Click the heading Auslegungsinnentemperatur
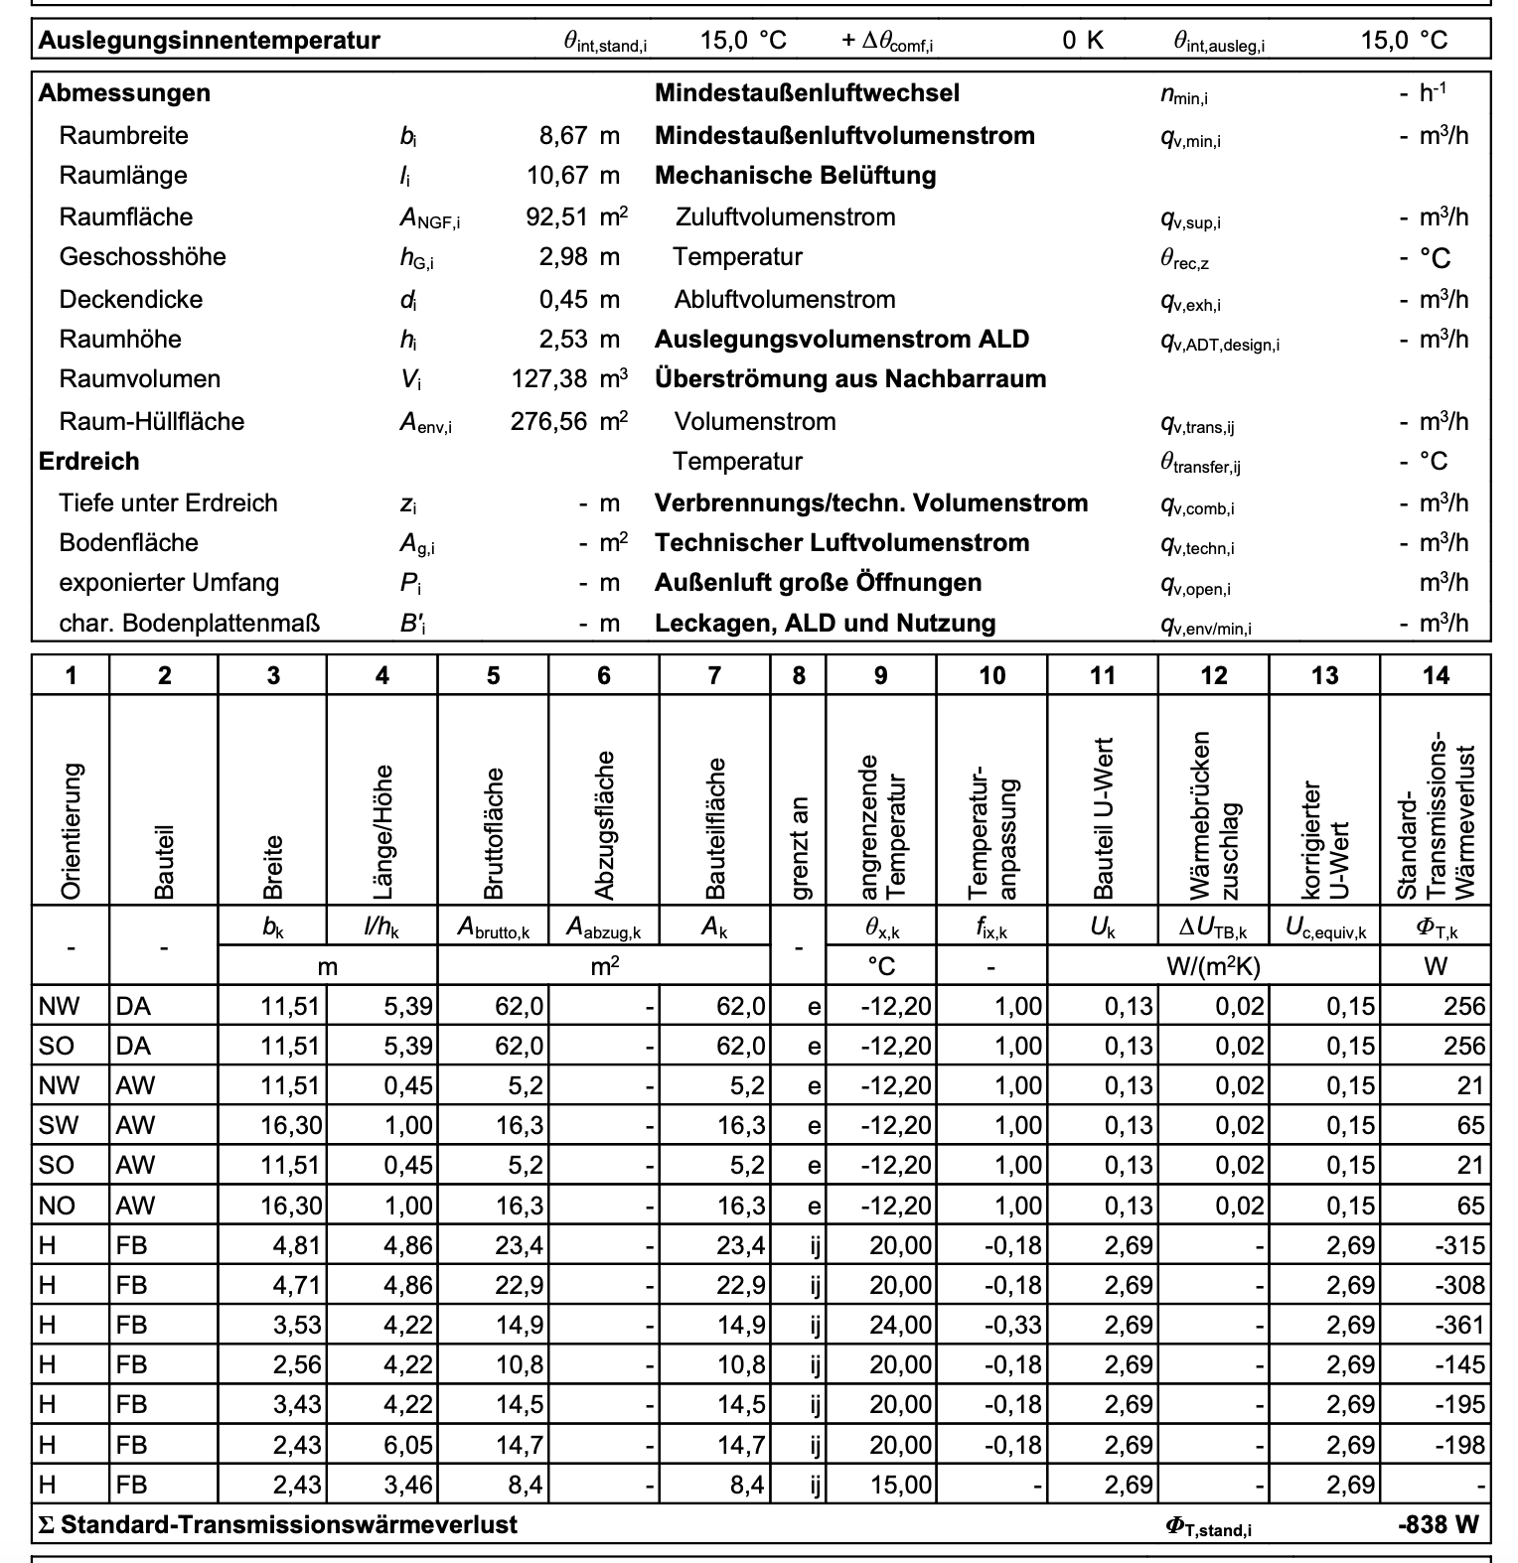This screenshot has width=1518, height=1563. [209, 41]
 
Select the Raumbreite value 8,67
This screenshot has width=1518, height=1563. [563, 136]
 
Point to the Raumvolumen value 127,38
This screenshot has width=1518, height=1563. [549, 379]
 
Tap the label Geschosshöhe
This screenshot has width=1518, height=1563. [142, 257]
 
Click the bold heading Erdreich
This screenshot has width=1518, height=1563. [88, 462]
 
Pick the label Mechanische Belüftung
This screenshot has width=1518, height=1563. [795, 176]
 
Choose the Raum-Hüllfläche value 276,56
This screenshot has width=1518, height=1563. [548, 421]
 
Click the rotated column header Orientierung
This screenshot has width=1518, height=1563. [71, 830]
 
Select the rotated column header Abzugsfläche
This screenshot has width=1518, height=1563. [604, 824]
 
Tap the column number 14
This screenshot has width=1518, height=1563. [1436, 676]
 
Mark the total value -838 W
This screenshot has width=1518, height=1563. [1437, 1524]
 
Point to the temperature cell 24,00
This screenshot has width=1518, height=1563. [900, 1325]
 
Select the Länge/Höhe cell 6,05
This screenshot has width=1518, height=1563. [408, 1445]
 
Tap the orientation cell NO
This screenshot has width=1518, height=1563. [57, 1206]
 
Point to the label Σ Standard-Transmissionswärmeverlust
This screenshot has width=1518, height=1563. [277, 1524]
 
